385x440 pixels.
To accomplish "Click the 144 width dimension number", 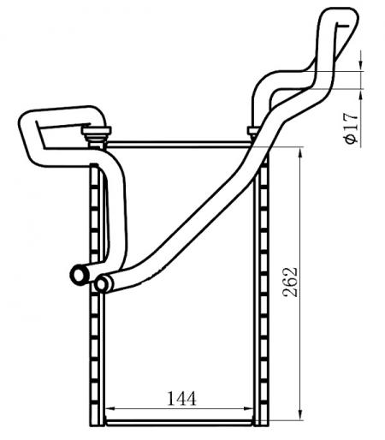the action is click(181, 398).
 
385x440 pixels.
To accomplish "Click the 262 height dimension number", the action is click(291, 282).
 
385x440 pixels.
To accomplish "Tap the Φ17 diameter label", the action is click(351, 128).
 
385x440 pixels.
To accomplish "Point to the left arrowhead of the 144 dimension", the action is click(110, 408).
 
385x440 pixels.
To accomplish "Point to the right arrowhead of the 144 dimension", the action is click(249, 408).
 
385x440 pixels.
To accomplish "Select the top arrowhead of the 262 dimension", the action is click(299, 152).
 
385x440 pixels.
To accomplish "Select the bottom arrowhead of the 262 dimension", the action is click(299, 415).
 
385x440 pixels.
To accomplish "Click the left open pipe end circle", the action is click(79, 275).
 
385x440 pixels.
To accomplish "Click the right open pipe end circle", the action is click(102, 283).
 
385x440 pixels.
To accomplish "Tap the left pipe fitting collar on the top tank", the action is click(96, 134).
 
